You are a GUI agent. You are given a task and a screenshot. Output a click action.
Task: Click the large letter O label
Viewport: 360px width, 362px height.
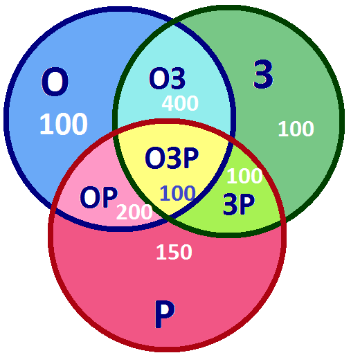tap(55, 82)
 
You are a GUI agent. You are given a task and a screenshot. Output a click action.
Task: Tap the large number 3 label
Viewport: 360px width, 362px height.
tap(263, 74)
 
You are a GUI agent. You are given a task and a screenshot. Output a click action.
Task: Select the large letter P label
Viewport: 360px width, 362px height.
tap(165, 314)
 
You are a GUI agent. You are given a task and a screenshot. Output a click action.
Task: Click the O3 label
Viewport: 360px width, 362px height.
tap(167, 78)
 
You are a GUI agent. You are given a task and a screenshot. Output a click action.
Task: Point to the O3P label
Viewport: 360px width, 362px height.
tap(172, 158)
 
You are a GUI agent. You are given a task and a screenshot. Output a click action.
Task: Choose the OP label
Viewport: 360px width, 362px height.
tap(98, 197)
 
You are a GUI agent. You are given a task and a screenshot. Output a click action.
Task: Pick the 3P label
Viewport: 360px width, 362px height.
tap(239, 204)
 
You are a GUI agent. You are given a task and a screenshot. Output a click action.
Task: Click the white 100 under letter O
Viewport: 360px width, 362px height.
tap(64, 124)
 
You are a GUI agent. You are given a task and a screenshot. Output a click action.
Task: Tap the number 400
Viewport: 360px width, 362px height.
tap(180, 103)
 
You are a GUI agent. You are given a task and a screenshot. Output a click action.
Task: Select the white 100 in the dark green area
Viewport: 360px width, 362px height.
tap(296, 129)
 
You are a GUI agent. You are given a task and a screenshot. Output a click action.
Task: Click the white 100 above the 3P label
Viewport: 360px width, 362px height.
tap(244, 176)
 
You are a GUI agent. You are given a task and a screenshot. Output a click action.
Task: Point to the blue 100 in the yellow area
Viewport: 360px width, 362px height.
tap(177, 193)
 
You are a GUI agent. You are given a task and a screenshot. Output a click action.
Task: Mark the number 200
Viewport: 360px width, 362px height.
tap(134, 212)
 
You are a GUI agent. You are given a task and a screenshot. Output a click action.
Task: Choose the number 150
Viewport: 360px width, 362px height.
tap(174, 252)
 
